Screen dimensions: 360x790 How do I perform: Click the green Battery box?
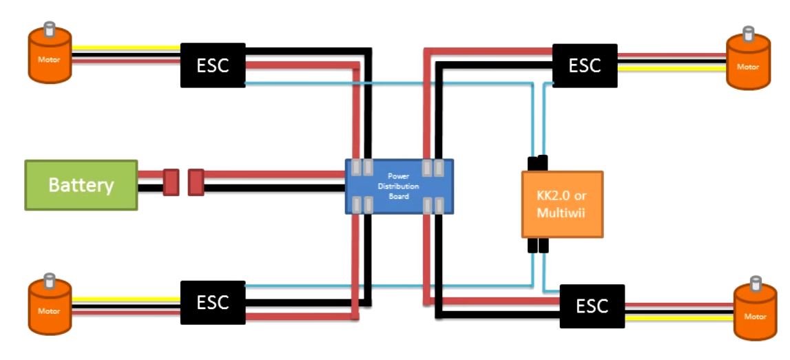(x=81, y=184)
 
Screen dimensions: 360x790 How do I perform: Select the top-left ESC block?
(x=213, y=66)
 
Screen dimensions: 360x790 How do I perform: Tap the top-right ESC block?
(x=585, y=65)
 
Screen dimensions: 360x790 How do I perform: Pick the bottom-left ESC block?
(x=212, y=302)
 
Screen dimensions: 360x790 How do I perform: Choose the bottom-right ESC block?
(x=592, y=306)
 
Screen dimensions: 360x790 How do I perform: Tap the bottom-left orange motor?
(x=48, y=308)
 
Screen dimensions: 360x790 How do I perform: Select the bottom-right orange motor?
(x=755, y=313)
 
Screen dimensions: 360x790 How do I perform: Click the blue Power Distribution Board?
(x=399, y=186)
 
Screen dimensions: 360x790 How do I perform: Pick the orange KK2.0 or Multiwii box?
(x=561, y=204)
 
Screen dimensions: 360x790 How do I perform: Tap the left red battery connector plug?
(x=171, y=182)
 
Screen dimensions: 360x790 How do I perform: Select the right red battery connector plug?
(x=196, y=182)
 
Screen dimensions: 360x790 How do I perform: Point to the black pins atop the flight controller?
(x=537, y=164)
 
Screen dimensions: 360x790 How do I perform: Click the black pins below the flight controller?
(x=538, y=246)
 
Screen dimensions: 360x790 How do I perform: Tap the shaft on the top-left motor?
(x=49, y=29)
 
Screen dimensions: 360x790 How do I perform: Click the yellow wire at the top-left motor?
(x=124, y=47)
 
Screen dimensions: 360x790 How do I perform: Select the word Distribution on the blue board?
(x=398, y=186)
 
